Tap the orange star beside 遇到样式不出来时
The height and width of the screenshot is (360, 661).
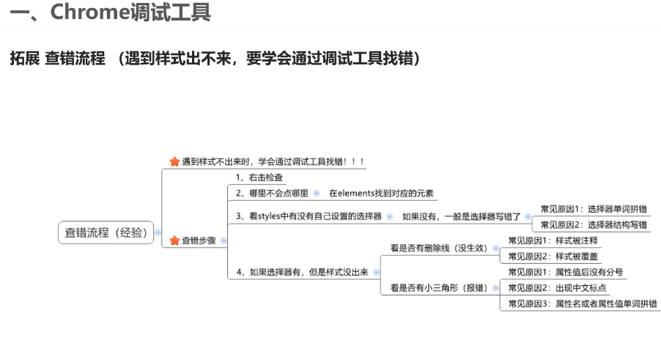pyautogui.click(x=174, y=161)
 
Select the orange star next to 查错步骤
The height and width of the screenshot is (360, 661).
pyautogui.click(x=174, y=240)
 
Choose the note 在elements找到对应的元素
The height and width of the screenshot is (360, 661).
pyautogui.click(x=381, y=194)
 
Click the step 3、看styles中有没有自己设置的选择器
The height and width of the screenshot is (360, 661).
pyautogui.click(x=309, y=216)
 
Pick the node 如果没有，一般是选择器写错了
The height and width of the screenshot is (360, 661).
pyautogui.click(x=462, y=216)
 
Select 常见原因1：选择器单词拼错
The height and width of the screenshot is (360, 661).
pyautogui.click(x=594, y=209)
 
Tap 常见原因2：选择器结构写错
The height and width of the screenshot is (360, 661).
pyautogui.click(x=594, y=224)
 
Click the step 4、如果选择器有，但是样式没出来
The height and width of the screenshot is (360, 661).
pyautogui.click(x=303, y=272)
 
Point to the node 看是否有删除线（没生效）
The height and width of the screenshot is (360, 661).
pyautogui.click(x=439, y=249)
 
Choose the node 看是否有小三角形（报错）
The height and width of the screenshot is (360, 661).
pyautogui.click(x=439, y=287)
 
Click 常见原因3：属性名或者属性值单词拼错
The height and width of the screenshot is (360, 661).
pyautogui.click(x=582, y=304)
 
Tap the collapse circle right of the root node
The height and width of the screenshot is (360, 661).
pyautogui.click(x=158, y=232)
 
